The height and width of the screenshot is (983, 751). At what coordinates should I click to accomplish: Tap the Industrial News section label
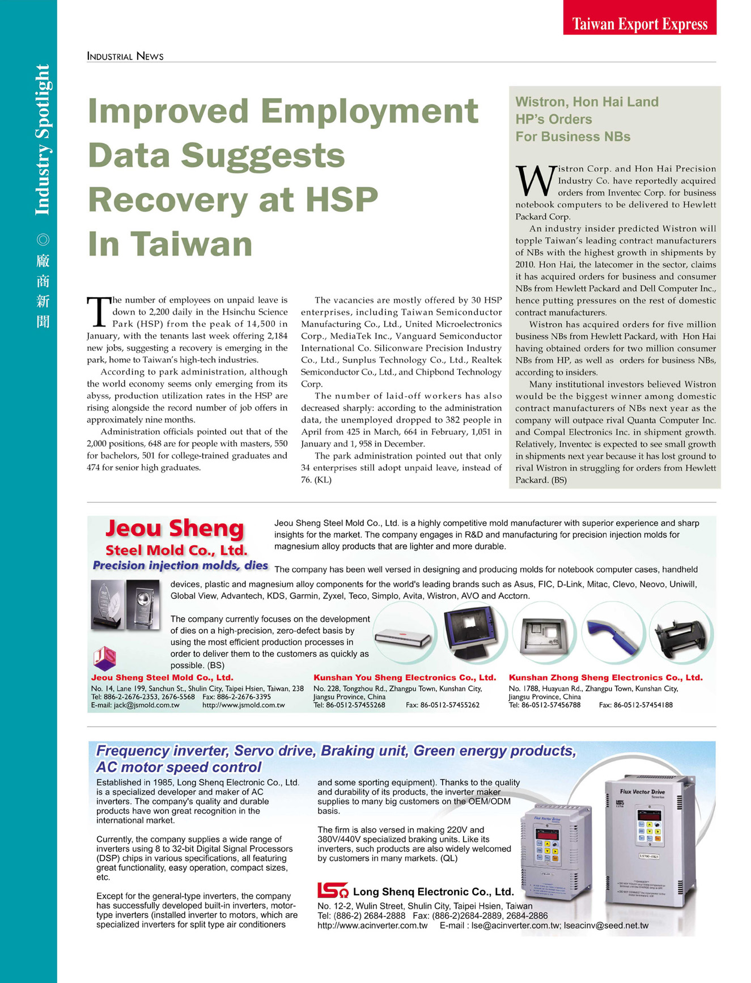click(x=125, y=56)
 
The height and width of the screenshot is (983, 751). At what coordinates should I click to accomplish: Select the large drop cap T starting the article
click(x=97, y=312)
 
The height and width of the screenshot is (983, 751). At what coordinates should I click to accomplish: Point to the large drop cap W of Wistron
click(x=535, y=181)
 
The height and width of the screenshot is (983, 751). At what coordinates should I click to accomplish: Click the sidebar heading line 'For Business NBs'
click(x=572, y=137)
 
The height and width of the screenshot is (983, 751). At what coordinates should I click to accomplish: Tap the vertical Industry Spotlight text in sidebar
click(x=43, y=140)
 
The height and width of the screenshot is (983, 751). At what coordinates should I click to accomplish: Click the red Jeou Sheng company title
click(x=175, y=528)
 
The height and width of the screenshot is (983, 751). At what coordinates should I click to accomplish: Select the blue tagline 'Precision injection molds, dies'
click(x=180, y=565)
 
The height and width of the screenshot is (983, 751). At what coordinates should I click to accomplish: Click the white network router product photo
click(x=403, y=636)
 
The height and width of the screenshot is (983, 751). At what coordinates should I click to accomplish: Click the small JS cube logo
click(x=105, y=658)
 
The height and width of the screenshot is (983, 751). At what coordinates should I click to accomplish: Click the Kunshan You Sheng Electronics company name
click(x=405, y=677)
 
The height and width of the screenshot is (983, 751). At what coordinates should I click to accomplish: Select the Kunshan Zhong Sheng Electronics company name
click(x=605, y=677)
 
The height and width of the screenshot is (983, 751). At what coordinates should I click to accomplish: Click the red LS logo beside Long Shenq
click(x=332, y=891)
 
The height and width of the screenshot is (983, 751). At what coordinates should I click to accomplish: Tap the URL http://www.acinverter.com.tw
click(x=372, y=925)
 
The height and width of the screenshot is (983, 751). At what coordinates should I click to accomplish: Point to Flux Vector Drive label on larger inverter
click(x=642, y=791)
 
